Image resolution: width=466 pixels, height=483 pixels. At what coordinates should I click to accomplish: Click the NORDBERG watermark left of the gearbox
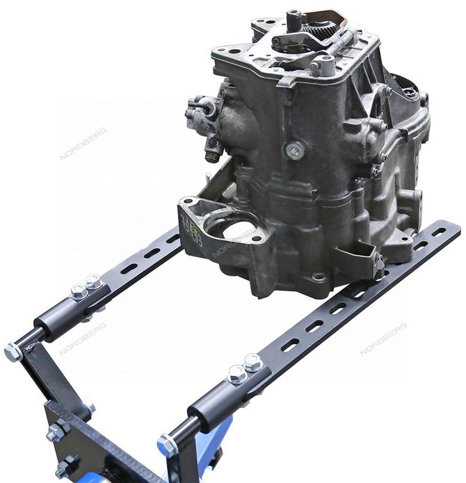coord(83,143)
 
